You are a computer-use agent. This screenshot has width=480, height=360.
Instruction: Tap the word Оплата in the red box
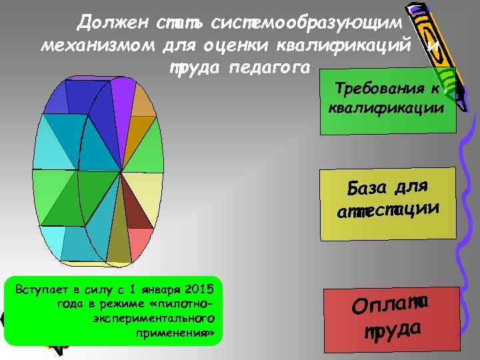pyautogui.click(x=390, y=305)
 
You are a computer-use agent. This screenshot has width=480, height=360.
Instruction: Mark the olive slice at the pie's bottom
pyautogui.click(x=119, y=247)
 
